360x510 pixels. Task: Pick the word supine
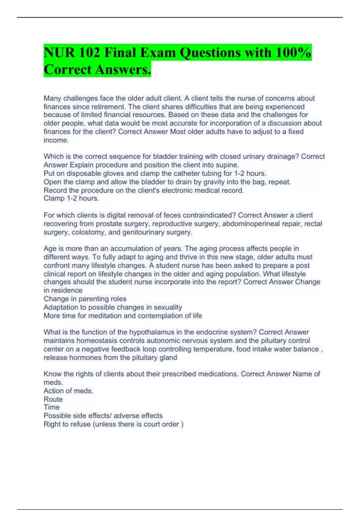point(228,165)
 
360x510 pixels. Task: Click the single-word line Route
point(53,399)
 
